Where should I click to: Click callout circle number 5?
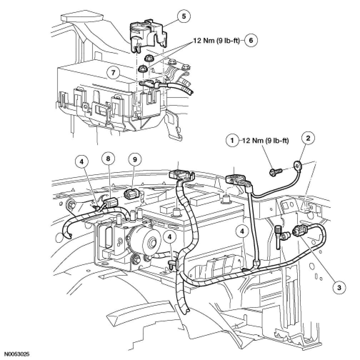tap(184, 16)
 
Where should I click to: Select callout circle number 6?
tap(250, 41)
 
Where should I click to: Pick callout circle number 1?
tap(233, 141)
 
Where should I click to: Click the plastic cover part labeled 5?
tap(146, 34)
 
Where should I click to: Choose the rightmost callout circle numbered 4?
tap(243, 231)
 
